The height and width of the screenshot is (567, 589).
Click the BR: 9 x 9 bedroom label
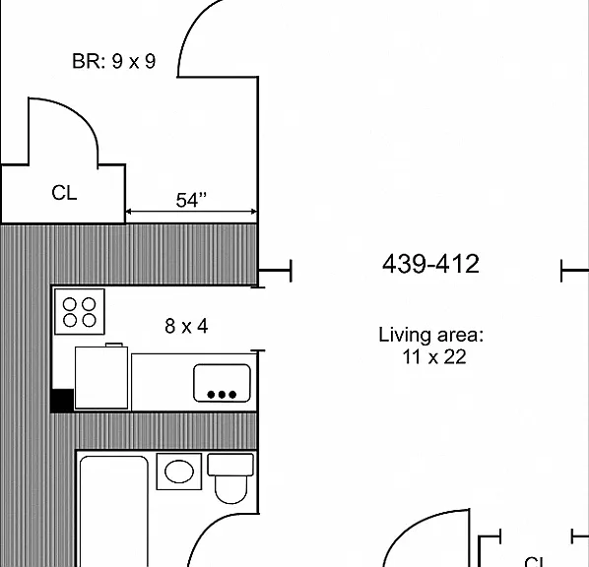click(x=113, y=61)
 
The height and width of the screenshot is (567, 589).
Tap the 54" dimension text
click(x=191, y=200)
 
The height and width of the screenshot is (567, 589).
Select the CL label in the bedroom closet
click(x=64, y=193)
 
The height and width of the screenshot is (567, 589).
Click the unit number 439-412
click(x=430, y=264)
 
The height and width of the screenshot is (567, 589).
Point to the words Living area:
click(x=430, y=335)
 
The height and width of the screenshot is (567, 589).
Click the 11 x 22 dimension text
click(x=434, y=356)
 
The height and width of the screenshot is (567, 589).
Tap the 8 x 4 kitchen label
click(x=186, y=326)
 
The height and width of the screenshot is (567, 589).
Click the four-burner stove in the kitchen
click(x=80, y=312)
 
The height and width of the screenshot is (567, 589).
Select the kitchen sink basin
click(x=222, y=383)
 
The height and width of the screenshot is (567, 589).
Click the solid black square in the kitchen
click(x=62, y=401)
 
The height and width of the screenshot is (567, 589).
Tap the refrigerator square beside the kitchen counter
click(x=101, y=377)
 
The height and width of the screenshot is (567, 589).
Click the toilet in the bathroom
click(x=230, y=478)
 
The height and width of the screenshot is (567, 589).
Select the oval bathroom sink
click(x=179, y=472)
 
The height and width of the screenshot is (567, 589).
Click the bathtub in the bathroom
click(x=114, y=512)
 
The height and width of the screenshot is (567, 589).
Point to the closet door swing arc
click(x=78, y=113)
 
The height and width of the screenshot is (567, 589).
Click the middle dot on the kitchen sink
click(x=222, y=395)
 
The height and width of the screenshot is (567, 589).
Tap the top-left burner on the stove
click(x=70, y=304)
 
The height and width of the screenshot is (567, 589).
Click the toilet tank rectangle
click(x=230, y=465)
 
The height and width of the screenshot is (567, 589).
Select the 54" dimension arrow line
click(x=191, y=212)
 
